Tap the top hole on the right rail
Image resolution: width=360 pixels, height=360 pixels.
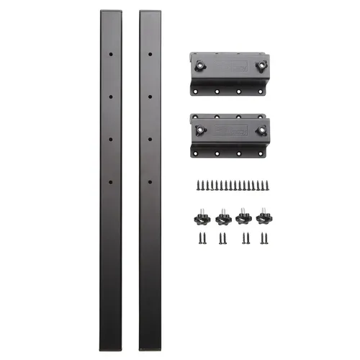(x=150, y=55)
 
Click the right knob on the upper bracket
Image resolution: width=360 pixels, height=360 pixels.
(x=261, y=65)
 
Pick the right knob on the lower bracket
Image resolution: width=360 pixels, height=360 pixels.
(x=261, y=131)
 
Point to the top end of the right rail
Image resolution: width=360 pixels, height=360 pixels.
(x=150, y=12)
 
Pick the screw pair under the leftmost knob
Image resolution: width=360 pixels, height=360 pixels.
(x=199, y=238)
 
